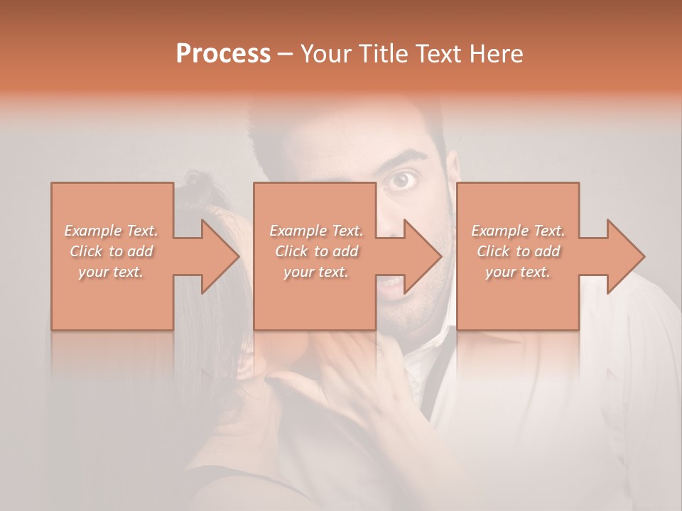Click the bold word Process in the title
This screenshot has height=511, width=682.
point(223,54)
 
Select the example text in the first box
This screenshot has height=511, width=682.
point(112,251)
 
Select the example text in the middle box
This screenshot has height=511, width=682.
point(316,251)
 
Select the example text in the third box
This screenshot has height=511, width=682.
point(518,251)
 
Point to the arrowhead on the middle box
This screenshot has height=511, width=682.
point(421,256)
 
